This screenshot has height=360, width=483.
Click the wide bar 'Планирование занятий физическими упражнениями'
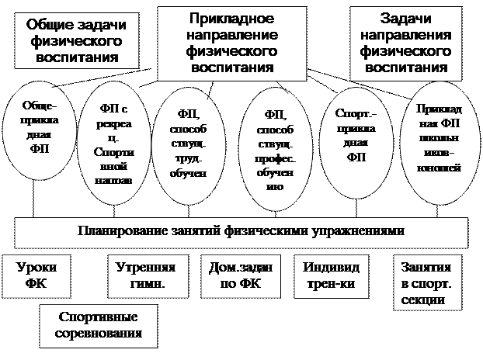(241, 232)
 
